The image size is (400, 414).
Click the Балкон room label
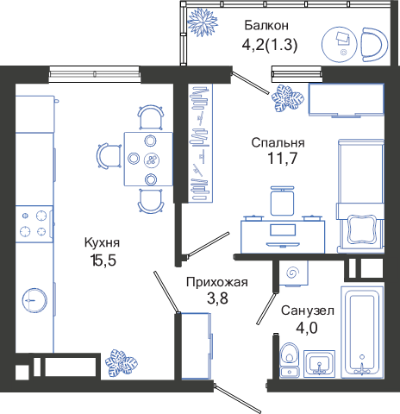click(266, 25)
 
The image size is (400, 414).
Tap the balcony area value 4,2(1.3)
click(270, 45)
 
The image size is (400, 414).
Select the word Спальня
click(278, 142)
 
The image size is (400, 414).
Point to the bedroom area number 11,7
click(282, 158)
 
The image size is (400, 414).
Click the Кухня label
click(102, 242)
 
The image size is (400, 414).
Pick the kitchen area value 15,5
click(103, 260)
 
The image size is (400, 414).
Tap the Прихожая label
click(217, 282)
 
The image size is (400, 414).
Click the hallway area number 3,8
click(217, 298)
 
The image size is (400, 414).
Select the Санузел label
click(308, 310)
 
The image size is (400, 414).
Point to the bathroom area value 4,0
click(307, 328)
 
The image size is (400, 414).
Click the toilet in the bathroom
click(290, 360)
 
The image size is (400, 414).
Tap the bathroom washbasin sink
click(319, 364)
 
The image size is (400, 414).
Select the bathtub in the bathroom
click(362, 332)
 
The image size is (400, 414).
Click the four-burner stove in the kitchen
click(34, 224)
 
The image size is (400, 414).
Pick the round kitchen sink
click(34, 300)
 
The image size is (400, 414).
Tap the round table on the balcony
click(339, 45)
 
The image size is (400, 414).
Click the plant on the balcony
click(203, 22)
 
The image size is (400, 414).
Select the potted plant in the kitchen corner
click(122, 363)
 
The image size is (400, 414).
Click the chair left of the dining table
click(109, 155)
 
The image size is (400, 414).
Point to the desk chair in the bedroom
click(282, 201)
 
